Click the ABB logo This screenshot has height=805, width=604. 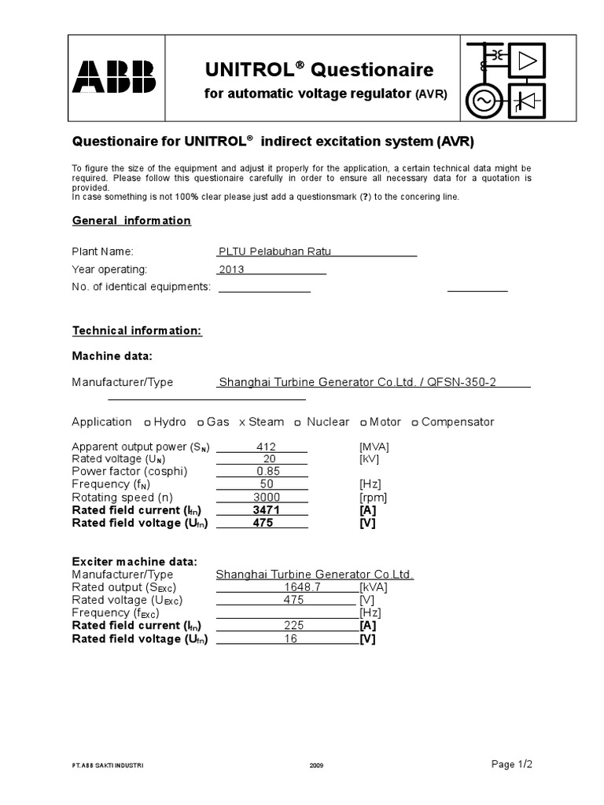pos(115,76)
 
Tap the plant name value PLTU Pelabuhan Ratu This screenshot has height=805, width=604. pos(274,251)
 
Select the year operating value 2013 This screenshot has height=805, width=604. pos(232,269)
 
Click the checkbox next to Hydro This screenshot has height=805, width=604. pos(148,422)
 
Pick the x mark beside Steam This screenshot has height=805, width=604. pos(242,422)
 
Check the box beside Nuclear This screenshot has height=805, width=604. pos(298,422)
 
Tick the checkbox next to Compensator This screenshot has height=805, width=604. pos(414,422)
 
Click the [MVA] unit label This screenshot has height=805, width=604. pos(374,447)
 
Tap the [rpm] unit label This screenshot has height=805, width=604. pos(373,498)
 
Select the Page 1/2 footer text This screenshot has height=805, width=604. pos(517,763)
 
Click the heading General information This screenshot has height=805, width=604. pos(131,220)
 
